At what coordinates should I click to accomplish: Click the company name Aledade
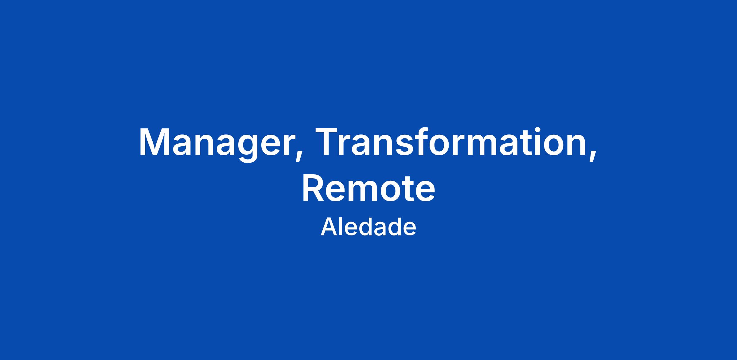(368, 227)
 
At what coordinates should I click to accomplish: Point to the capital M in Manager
(157, 141)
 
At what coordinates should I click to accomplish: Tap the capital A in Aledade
(329, 226)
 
